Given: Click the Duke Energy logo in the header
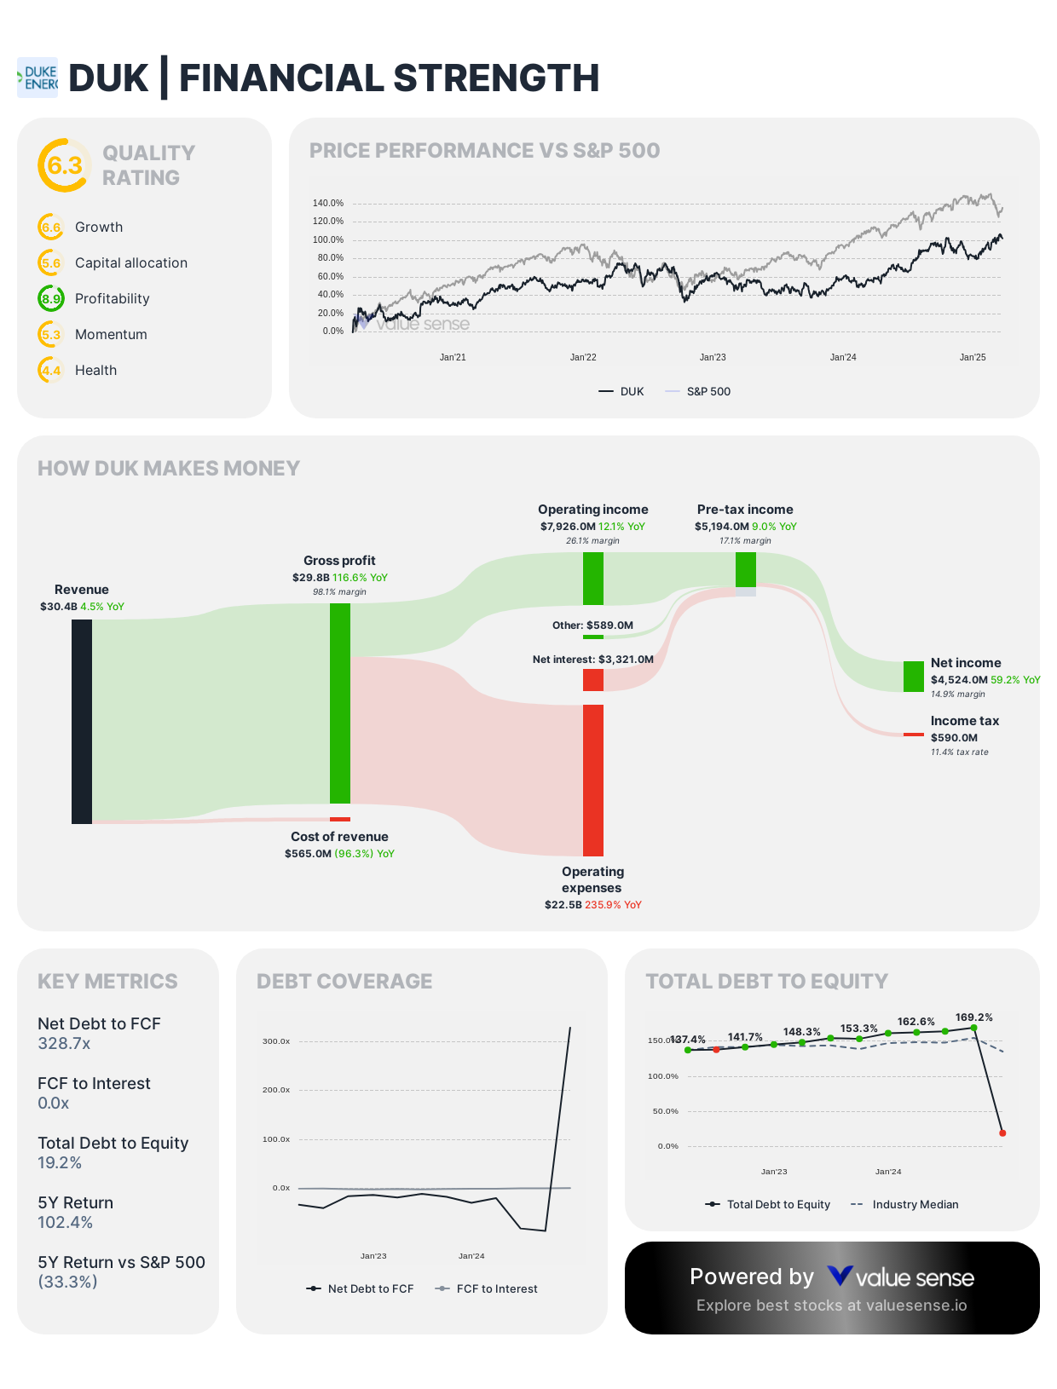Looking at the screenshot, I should tap(38, 78).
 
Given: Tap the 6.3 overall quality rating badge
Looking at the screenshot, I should tap(64, 165).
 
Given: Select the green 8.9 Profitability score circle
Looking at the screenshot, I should tap(51, 299).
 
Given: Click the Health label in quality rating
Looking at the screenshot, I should tap(95, 371).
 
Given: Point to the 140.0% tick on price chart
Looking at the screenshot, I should tap(328, 204).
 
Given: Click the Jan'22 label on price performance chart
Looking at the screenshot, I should tap(583, 358).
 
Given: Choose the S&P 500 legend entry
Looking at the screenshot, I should tap(708, 392).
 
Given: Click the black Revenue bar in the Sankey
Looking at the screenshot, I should tap(82, 721).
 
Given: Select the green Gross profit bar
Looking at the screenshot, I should tap(340, 703).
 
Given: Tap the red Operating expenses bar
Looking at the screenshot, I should tap(593, 780).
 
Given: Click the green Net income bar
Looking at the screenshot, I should tap(913, 677).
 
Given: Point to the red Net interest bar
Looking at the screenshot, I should tap(593, 680).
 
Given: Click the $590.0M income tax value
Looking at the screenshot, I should tap(954, 738).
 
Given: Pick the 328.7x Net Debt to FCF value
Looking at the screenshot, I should tap(64, 1044).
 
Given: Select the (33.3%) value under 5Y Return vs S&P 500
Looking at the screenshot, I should tap(67, 1282).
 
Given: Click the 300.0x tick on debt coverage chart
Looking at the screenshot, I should tap(276, 1041).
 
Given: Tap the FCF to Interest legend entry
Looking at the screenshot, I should tap(496, 1289).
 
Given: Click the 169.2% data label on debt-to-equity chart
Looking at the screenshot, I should tap(973, 1017).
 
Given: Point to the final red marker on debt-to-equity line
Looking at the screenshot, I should tap(1002, 1133).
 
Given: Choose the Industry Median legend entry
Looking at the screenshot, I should tap(915, 1205).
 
